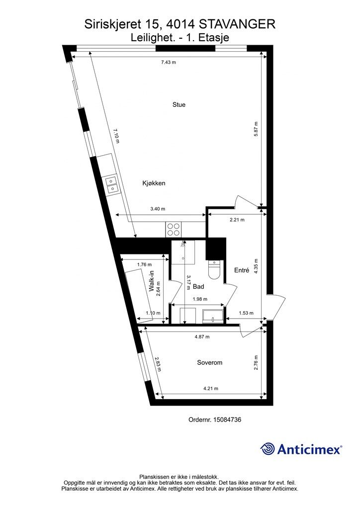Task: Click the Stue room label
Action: [179, 104]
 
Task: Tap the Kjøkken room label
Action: [154, 183]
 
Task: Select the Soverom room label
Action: [210, 362]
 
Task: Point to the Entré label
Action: [242, 270]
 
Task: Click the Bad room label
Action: [198, 286]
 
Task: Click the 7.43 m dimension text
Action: [169, 62]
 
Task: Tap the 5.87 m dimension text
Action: [256, 129]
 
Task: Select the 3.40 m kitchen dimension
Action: [158, 209]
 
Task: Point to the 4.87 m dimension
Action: [202, 337]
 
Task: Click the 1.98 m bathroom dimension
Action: [199, 299]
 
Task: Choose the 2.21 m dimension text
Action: [237, 220]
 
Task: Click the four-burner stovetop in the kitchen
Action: [173, 229]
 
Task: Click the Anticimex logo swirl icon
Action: [268, 449]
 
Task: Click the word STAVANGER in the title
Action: [237, 24]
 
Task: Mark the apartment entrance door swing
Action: [276, 307]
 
